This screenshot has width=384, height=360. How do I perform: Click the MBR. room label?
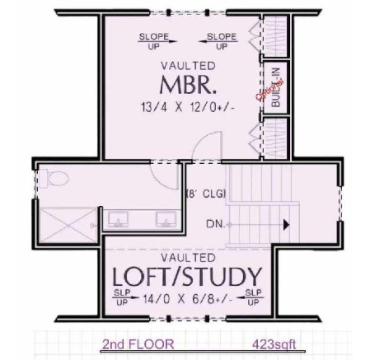pos(188,85)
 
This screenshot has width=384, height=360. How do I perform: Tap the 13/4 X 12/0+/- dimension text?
pos(188,107)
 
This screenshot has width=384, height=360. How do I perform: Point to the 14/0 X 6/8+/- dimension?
pos(188,298)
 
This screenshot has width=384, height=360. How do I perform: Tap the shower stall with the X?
pos(68,225)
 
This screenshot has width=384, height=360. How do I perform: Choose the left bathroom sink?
pos(118,219)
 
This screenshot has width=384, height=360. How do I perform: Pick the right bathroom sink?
pos(166,219)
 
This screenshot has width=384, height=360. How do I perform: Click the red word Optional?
pos(269,90)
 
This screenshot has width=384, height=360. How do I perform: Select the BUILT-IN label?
pos(276,87)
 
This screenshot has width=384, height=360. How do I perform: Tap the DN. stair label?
pos(215,224)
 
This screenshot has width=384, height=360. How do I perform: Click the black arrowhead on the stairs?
pos(286,225)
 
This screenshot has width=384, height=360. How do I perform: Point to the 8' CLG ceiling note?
pos(206,194)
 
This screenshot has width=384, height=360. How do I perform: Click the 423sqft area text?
pos(274,344)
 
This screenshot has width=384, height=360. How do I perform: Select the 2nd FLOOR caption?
pos(138,344)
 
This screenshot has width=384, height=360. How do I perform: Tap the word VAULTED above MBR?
pos(188,66)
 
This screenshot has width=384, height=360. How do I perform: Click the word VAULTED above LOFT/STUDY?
pos(188,258)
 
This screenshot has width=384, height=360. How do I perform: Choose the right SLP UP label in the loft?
pos(251,297)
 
